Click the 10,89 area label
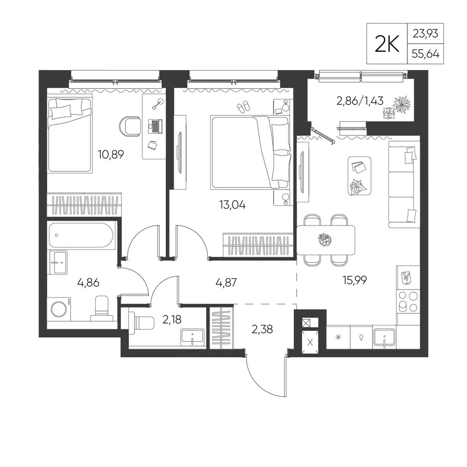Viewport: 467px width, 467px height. [111, 155]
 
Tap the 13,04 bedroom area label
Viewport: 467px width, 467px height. [232, 205]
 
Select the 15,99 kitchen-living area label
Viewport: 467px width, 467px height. [355, 280]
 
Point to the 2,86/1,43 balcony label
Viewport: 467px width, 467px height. [360, 101]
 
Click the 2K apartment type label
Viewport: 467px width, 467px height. [387, 44]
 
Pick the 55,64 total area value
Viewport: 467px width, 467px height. [425, 54]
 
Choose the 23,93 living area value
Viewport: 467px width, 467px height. [425, 34]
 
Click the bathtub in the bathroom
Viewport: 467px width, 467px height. [81, 235]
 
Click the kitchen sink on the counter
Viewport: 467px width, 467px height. [384, 338]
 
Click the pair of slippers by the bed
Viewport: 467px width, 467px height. [243, 106]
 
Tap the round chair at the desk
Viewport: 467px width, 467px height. [130, 126]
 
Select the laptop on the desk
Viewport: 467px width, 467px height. [156, 126]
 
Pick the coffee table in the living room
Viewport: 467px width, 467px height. [360, 176]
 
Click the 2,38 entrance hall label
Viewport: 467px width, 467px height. [262, 329]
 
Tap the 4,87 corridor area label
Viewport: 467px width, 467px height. [226, 282]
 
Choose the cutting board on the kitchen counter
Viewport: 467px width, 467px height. [406, 277]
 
